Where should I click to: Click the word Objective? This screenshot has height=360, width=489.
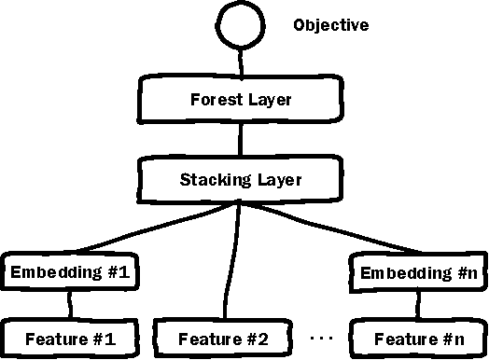click(330, 25)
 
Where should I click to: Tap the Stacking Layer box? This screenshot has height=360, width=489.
click(242, 178)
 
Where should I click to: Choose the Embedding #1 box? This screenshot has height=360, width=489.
click(72, 273)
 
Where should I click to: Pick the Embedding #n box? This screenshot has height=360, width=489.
click(417, 273)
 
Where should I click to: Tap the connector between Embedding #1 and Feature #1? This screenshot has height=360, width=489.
click(70, 305)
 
